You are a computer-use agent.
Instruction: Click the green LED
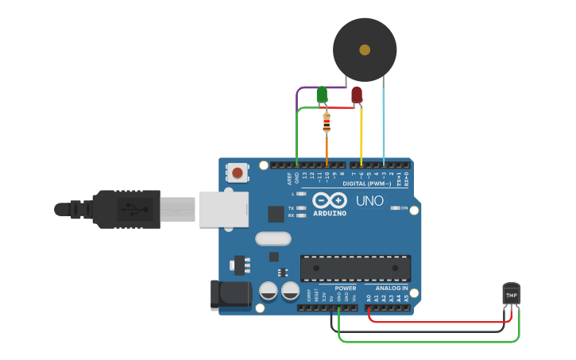tap(322, 95)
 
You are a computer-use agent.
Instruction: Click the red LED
tap(357, 95)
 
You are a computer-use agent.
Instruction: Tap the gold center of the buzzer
tap(365, 49)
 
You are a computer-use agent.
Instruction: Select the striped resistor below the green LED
tap(327, 123)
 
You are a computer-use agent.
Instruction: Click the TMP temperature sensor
tap(512, 294)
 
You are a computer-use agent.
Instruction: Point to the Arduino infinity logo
tap(329, 200)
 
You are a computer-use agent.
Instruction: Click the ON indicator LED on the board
tap(395, 208)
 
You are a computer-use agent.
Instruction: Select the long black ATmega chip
tap(355, 268)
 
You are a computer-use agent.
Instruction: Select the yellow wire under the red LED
tap(361, 135)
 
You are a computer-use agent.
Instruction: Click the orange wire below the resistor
tap(327, 149)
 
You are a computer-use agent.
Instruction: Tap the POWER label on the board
tap(346, 288)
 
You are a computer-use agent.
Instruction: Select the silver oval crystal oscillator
tap(273, 238)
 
